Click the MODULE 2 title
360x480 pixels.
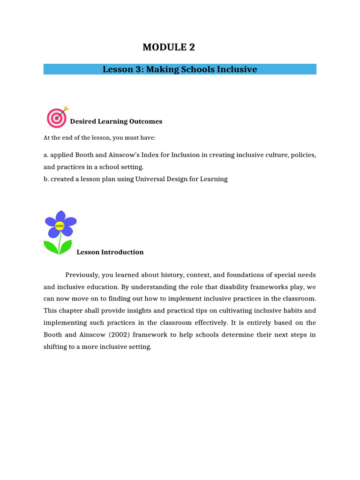(168, 47)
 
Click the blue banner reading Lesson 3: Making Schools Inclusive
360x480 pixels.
(180, 69)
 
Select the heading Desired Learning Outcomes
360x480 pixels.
(116, 121)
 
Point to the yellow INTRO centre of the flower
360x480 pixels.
(60, 226)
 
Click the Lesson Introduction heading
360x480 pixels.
(110, 252)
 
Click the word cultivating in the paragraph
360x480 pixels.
(235, 310)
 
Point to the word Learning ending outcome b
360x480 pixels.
(214, 179)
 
